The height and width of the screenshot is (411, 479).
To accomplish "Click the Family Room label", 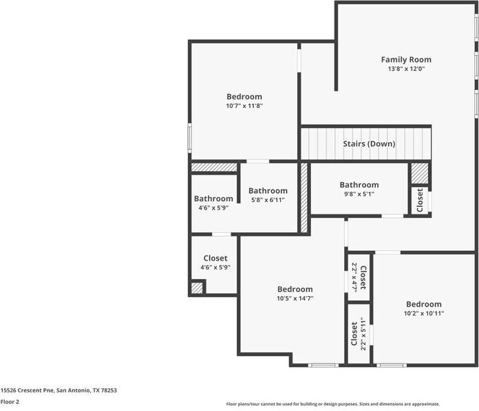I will click(406, 60).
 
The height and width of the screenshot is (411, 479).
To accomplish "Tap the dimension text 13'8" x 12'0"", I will click(406, 69).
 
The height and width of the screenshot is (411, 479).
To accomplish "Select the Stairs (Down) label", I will click(369, 144).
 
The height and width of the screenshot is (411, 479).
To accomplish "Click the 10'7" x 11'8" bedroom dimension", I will click(244, 106).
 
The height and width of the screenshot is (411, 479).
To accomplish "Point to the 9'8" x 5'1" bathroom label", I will click(359, 194).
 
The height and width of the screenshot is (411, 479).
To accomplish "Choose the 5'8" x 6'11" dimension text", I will click(268, 200).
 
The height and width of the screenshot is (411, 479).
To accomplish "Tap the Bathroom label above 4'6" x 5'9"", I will click(213, 199).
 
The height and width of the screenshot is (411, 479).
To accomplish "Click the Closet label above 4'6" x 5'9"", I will click(215, 258).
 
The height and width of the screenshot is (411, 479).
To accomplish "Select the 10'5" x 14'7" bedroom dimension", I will click(295, 298).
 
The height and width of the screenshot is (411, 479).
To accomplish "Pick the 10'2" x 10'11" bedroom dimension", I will click(423, 313).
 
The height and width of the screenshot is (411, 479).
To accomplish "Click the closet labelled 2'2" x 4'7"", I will click(359, 277).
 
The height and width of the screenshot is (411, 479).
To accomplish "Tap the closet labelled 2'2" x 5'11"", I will click(359, 334).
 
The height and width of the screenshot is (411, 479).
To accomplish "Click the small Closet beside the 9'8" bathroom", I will click(420, 200).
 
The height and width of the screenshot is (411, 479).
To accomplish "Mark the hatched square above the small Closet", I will click(420, 173).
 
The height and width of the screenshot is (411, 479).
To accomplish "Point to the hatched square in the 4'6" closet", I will click(198, 288).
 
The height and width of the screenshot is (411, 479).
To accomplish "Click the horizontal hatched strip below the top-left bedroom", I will click(214, 167).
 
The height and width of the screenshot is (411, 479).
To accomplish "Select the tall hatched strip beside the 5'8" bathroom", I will click(304, 197).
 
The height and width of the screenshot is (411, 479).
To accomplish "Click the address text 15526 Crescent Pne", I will click(58, 390).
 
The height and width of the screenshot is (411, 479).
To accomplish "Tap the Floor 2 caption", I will click(10, 401).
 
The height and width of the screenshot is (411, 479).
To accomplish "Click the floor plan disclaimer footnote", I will click(333, 404).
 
